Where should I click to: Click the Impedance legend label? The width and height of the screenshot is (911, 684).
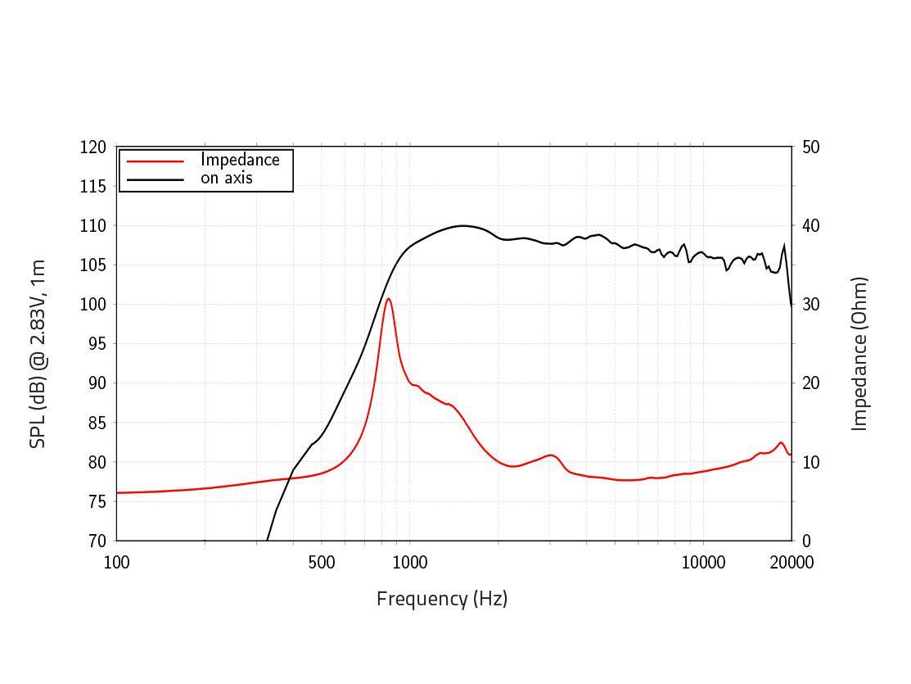pos(240,160)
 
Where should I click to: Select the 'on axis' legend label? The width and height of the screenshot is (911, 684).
pos(227,178)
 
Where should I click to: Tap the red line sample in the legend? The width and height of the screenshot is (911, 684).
pos(156,161)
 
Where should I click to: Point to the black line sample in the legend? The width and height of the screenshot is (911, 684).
pos(156,179)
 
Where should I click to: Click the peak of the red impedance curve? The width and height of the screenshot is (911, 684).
pos(389,299)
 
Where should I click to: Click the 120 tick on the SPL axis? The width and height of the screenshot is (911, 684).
pos(93,147)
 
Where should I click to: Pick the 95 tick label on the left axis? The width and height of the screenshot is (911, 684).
pos(97,344)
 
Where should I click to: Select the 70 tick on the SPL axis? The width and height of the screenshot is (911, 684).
pos(97,541)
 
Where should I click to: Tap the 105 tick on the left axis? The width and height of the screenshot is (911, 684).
pos(93,265)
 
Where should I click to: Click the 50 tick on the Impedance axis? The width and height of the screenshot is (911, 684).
pos(811,147)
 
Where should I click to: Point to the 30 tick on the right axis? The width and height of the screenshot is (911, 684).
pos(811,305)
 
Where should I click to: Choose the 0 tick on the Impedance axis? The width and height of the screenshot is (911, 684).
pos(807,541)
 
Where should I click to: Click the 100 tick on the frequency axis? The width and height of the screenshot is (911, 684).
pos(117,562)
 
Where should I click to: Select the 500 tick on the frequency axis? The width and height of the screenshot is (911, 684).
pos(322,562)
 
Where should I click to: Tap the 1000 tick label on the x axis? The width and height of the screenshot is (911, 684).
pos(410,562)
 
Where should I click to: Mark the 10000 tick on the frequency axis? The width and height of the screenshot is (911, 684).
pos(703,562)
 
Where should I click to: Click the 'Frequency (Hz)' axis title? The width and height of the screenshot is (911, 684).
pos(442,599)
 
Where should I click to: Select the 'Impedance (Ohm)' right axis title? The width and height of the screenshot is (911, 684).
pos(859,353)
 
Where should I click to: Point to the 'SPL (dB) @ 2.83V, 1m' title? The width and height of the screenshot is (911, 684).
pos(38,353)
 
